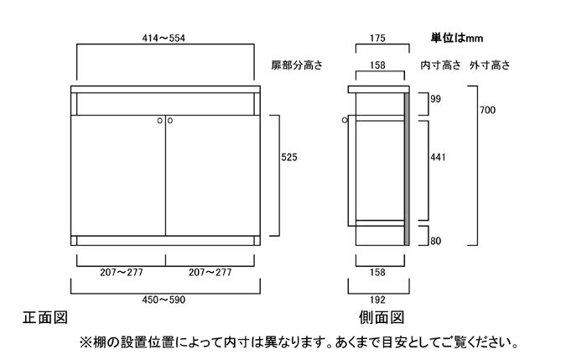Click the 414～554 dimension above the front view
click(x=164, y=39)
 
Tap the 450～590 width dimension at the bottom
click(x=164, y=300)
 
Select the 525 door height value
click(x=289, y=157)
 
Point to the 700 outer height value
click(x=487, y=110)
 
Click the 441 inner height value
click(x=438, y=157)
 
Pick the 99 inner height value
click(x=435, y=99)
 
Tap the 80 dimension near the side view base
click(x=435, y=241)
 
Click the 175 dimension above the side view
click(x=377, y=39)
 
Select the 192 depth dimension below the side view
click(x=377, y=300)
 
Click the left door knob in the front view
click(x=160, y=121)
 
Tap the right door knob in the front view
click(x=170, y=121)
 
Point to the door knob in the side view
click(x=345, y=120)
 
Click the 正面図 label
click(x=45, y=318)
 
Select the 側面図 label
click(x=382, y=318)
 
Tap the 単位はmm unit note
click(x=457, y=38)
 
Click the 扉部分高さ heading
click(x=297, y=65)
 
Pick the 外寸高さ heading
click(x=490, y=65)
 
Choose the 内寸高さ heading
click(x=440, y=65)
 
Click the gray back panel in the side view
click(x=407, y=169)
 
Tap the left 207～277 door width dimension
click(x=122, y=273)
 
